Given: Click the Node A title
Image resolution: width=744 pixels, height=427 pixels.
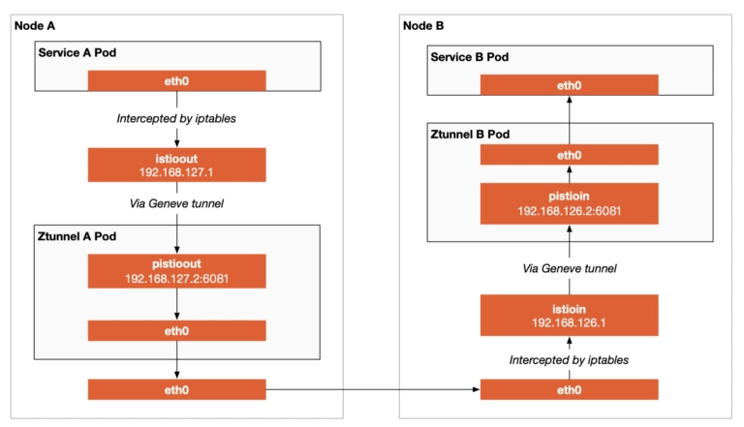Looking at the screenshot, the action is point(35,25).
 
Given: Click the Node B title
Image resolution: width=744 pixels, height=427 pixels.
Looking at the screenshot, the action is point(423,25).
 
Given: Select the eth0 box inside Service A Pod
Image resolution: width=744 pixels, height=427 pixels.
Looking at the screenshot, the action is point(176,80).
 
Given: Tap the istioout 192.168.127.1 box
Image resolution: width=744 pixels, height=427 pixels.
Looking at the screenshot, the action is point(176,165).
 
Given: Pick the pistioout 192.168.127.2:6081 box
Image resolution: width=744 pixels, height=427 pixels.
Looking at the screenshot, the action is point(176,271).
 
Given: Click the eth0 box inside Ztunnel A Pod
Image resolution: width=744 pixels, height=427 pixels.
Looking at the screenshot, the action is point(176,331).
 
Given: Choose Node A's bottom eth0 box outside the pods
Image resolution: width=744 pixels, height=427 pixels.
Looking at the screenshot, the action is point(176,389).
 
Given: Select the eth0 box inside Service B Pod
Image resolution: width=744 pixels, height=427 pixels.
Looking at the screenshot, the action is point(569,85).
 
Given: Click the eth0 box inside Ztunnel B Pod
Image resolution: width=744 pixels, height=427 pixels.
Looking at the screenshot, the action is point(569,155).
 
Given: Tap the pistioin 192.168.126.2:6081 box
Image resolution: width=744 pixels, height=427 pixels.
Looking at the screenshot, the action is point(569,203).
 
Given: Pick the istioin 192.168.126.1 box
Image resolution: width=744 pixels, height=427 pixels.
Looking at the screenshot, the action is point(569,315).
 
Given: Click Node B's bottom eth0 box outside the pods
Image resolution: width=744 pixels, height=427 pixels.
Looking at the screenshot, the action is point(569,389).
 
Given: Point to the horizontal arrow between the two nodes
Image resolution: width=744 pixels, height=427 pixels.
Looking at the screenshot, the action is point(373,389).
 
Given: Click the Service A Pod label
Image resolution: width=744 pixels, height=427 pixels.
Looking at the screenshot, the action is point(77,52).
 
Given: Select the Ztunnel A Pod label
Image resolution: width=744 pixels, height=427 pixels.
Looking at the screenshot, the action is point(77,236).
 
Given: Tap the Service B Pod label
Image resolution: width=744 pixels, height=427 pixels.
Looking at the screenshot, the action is point(469,57).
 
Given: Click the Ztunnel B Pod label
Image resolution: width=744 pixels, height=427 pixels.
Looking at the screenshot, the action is point(470,135).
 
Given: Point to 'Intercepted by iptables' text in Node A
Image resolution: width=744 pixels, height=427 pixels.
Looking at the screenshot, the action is point(176,118).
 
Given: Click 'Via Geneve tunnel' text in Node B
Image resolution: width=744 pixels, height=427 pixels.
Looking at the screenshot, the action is point(570,268).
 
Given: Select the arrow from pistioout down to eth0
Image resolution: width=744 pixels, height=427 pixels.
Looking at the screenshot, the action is point(177,304).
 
